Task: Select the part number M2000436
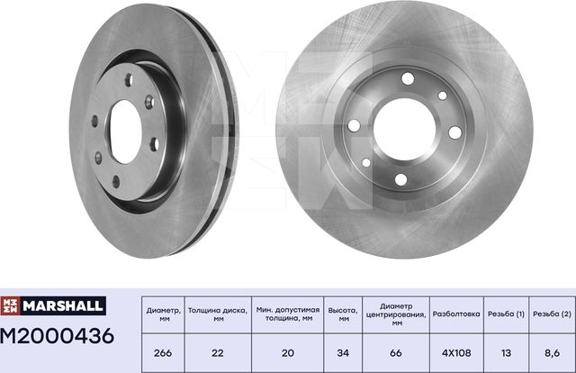point(57,337)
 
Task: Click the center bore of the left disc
point(125,132)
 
